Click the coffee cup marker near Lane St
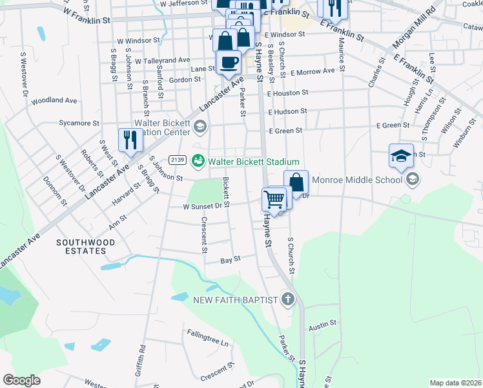(229, 63)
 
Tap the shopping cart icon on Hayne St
(274, 200)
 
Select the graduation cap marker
(400, 156)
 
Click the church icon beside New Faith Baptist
(288, 299)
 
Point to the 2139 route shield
(178, 160)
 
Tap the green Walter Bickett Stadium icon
(199, 161)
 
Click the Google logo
(22, 380)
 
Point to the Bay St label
(231, 259)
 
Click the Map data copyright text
(456, 383)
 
